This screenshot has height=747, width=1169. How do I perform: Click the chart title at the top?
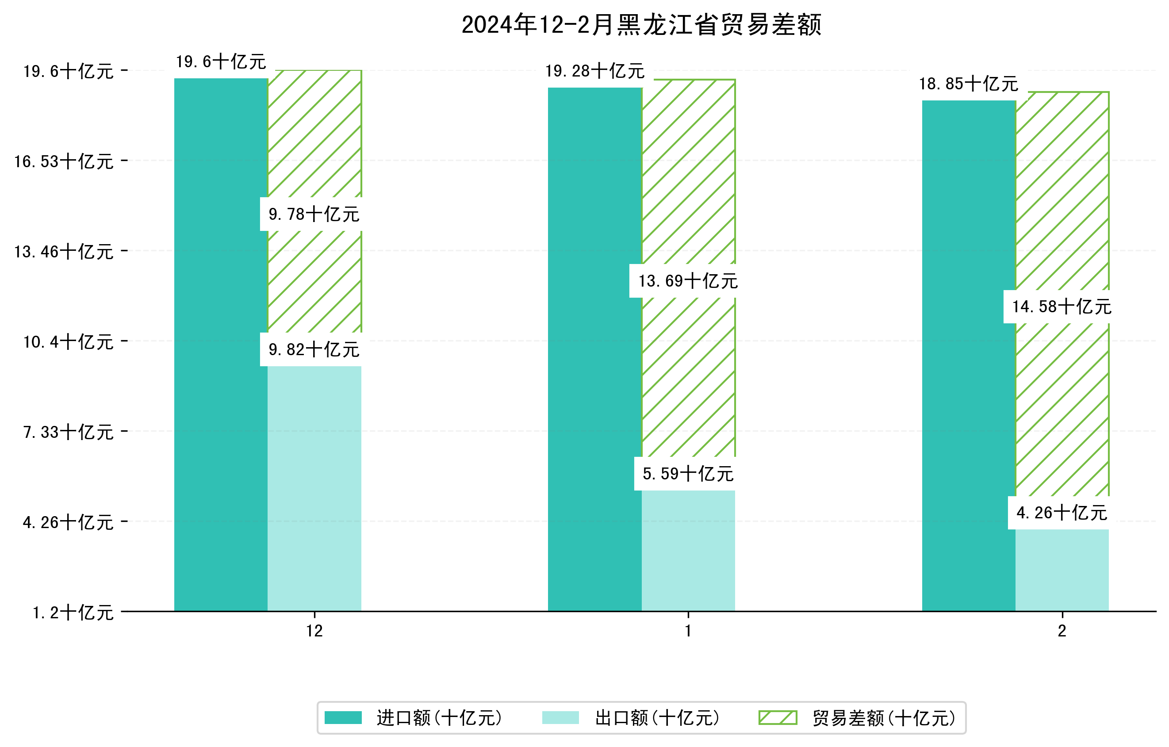click(x=641, y=25)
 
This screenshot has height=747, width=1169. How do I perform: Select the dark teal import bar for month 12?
click(x=221, y=345)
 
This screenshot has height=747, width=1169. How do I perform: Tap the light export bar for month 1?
click(x=688, y=551)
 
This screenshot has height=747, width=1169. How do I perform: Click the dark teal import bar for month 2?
click(x=969, y=355)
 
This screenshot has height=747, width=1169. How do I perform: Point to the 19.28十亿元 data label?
click(x=595, y=71)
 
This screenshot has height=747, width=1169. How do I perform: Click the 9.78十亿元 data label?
click(x=314, y=214)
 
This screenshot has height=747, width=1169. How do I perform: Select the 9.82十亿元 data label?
click(x=314, y=349)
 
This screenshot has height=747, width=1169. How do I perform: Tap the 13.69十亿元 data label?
click(x=687, y=281)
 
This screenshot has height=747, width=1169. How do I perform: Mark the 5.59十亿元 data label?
click(x=687, y=474)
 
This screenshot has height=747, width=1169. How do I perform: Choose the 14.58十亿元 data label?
click(x=1061, y=307)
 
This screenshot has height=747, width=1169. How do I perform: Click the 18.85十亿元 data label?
click(x=968, y=84)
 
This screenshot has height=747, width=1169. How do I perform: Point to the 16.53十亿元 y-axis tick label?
click(x=64, y=161)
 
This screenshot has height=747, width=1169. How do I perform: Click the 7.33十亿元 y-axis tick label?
click(x=68, y=432)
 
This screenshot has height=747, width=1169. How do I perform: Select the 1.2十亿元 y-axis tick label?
click(x=73, y=613)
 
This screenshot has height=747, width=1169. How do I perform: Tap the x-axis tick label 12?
click(x=314, y=631)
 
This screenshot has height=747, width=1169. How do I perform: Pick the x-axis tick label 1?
click(x=688, y=631)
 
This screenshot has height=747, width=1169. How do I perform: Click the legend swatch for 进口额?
click(x=343, y=717)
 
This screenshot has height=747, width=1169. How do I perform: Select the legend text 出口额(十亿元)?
click(x=657, y=718)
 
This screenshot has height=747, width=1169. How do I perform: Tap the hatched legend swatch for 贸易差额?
click(x=778, y=717)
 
